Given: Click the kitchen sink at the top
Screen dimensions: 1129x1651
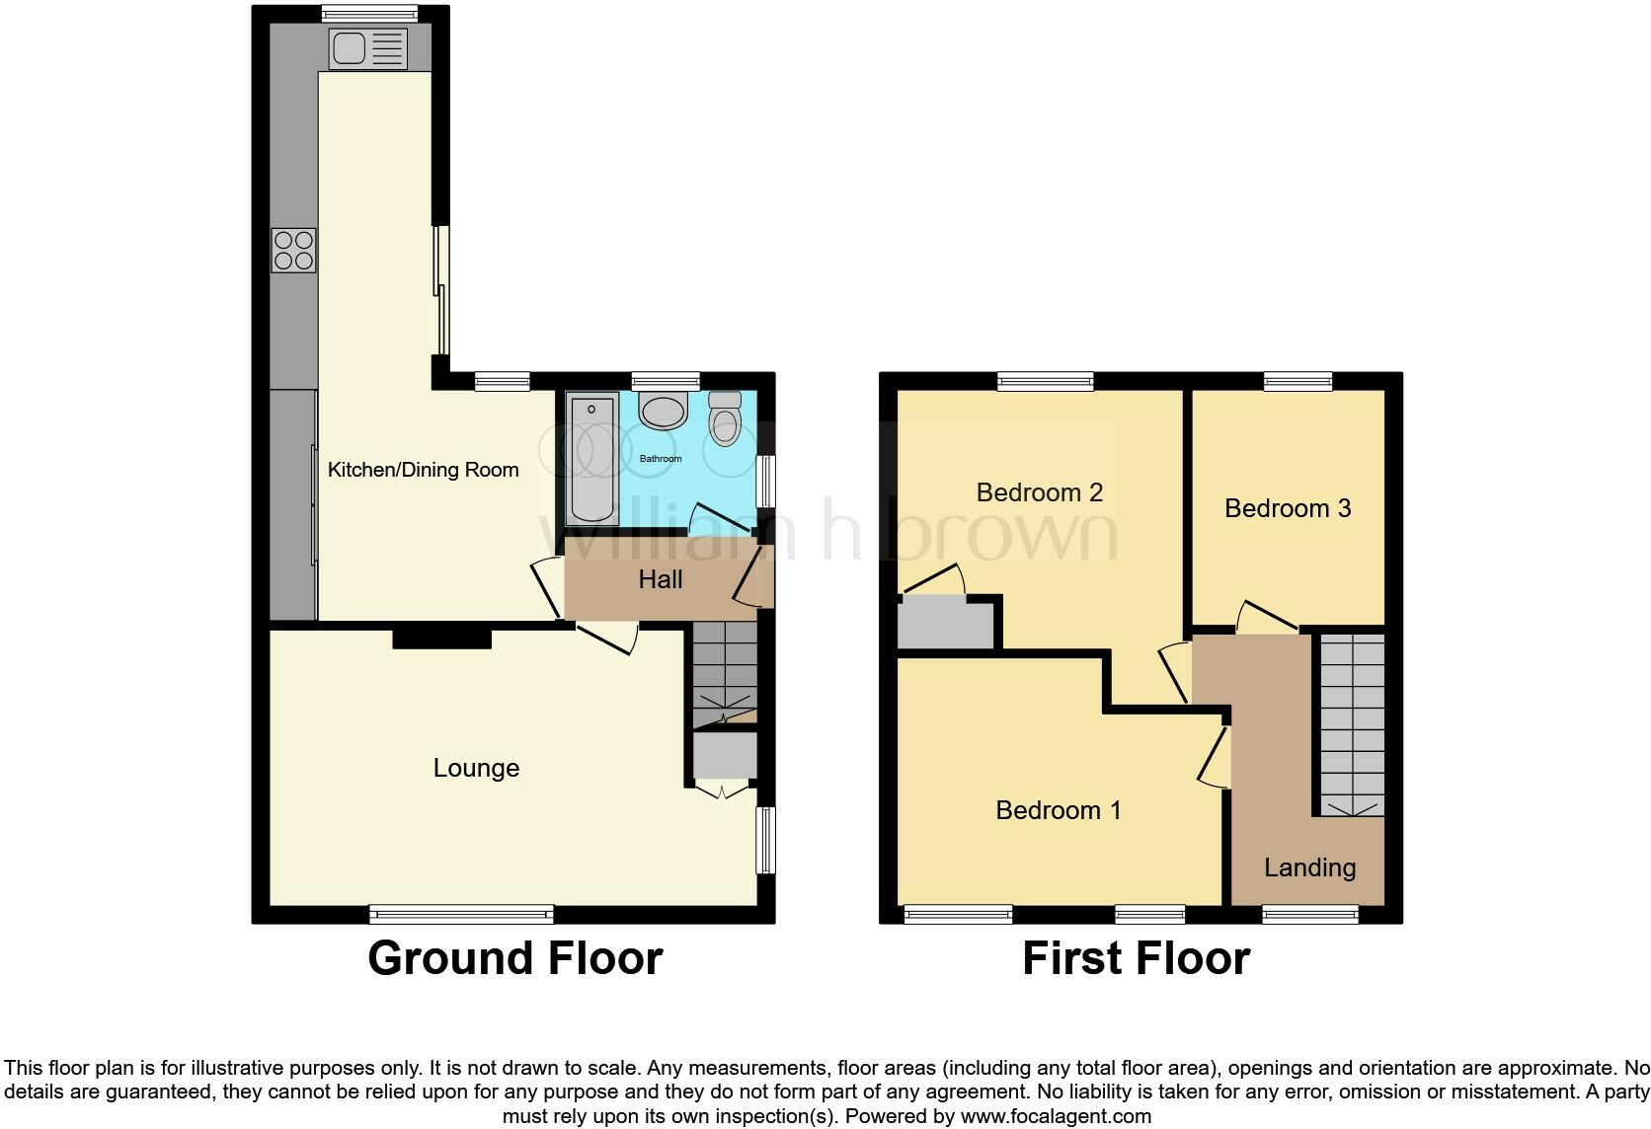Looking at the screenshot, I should click(x=368, y=48).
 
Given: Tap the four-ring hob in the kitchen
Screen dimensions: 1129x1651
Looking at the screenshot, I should click(x=294, y=250).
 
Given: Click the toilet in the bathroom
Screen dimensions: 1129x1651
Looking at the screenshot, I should click(x=726, y=419).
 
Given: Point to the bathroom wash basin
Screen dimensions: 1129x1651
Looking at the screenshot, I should click(x=662, y=411).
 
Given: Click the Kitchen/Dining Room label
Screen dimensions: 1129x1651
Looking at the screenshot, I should click(x=423, y=470).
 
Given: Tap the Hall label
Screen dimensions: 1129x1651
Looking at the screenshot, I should click(x=661, y=579).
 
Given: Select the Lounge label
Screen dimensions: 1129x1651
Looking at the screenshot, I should click(x=476, y=768).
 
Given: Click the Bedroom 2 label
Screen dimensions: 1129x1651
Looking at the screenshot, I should click(x=1039, y=491).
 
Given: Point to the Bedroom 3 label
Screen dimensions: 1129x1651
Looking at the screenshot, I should click(x=1287, y=508).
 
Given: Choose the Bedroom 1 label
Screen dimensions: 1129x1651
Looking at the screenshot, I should click(x=1058, y=810).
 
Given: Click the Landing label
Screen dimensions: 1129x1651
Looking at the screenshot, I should click(x=1309, y=867).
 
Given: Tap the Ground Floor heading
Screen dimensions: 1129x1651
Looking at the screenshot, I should click(x=514, y=958).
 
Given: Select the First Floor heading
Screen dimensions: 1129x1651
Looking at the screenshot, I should click(x=1136, y=958).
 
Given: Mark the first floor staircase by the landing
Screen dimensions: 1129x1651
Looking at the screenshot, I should click(x=1352, y=723).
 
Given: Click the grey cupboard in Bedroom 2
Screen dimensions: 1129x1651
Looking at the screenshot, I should click(x=945, y=626).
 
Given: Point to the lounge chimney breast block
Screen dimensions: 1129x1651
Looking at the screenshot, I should click(x=441, y=639).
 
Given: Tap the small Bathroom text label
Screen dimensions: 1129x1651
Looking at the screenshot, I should click(x=661, y=459).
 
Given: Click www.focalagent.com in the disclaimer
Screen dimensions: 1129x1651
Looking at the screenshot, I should click(x=1055, y=1117).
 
